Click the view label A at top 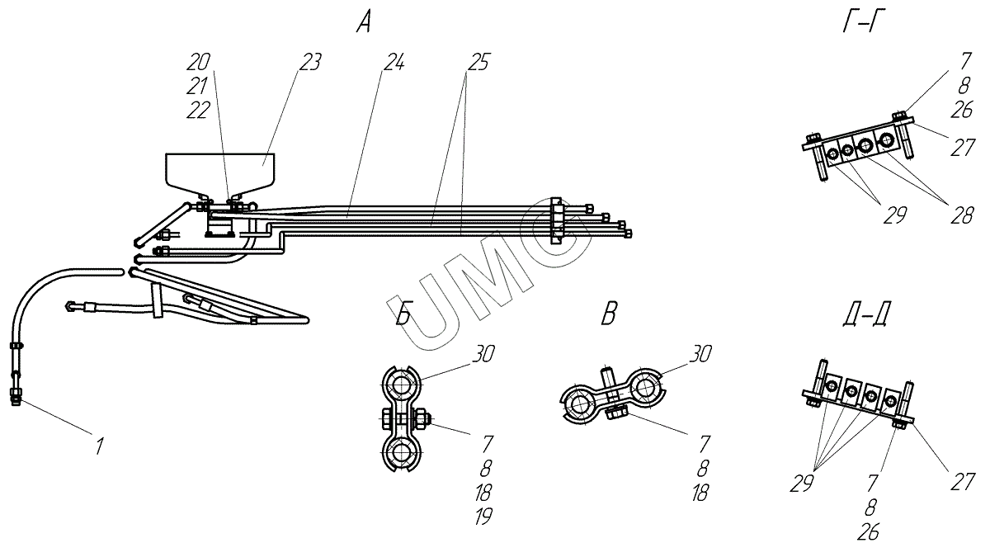[364, 23]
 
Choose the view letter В [609, 315]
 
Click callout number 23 [309, 63]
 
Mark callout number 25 [477, 63]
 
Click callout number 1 [99, 446]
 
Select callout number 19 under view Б [483, 517]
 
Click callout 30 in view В [700, 355]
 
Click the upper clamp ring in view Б [400, 385]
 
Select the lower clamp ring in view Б [400, 453]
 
